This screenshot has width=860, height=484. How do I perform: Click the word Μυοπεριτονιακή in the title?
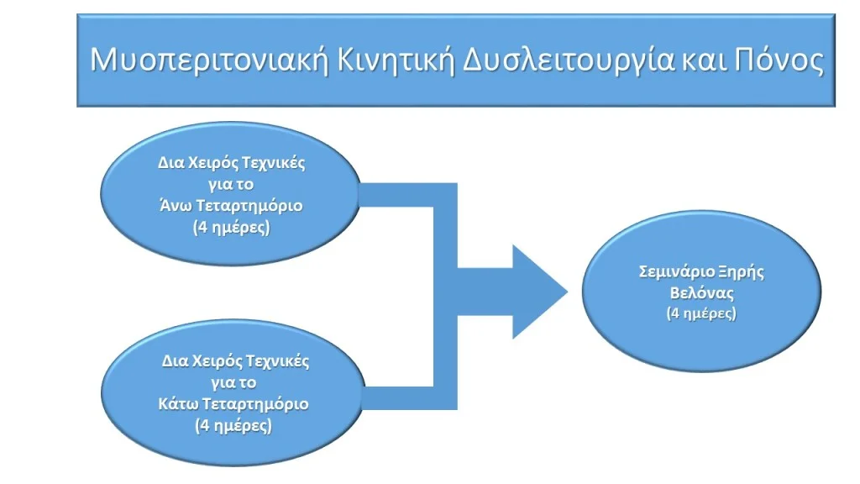point(209,60)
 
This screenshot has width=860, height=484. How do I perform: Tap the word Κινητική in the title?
point(396,60)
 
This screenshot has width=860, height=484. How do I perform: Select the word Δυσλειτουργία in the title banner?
point(569,60)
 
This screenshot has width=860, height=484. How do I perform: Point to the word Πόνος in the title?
point(779,60)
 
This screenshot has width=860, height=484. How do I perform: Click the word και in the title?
point(705,60)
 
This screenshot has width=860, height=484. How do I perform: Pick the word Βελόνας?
point(701,293)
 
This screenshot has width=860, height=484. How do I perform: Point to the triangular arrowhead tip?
point(568,292)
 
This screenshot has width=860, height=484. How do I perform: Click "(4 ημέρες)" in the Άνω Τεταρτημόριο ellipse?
point(232,227)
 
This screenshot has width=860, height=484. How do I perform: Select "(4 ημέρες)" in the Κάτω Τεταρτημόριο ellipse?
point(233,426)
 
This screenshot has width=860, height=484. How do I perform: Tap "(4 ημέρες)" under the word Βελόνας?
point(701,313)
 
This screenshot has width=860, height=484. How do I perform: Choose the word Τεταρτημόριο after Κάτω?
point(255,404)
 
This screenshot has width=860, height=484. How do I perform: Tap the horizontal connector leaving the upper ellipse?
point(396,195)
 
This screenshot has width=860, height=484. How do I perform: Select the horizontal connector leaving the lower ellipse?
point(398,397)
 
